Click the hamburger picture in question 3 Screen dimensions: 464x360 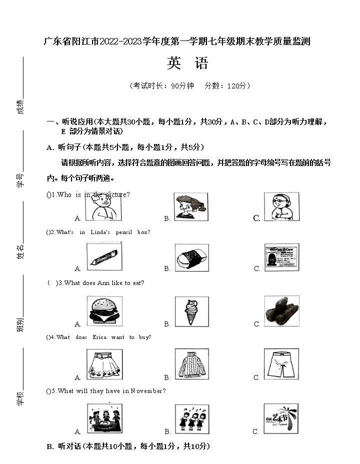click(x=104, y=311)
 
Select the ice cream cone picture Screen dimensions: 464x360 click(x=191, y=311)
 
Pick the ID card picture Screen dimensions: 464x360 click(x=281, y=257)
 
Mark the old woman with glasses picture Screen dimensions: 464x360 click(x=281, y=206)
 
